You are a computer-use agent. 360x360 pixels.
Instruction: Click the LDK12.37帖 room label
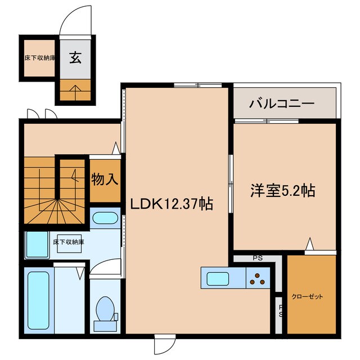[x=172, y=204]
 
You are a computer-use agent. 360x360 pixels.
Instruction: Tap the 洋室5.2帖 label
[x=282, y=191]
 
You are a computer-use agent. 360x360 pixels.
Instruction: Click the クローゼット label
[x=307, y=296]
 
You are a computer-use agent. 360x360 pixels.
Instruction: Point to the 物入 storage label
[x=105, y=180]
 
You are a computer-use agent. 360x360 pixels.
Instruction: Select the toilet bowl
[x=105, y=309]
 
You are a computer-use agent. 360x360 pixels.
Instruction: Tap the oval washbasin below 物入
[x=104, y=219]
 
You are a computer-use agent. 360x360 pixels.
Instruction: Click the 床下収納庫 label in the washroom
[x=68, y=242]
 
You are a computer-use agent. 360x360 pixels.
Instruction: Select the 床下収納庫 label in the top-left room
[x=39, y=57]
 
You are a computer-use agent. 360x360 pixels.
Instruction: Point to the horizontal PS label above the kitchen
[x=258, y=259]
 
